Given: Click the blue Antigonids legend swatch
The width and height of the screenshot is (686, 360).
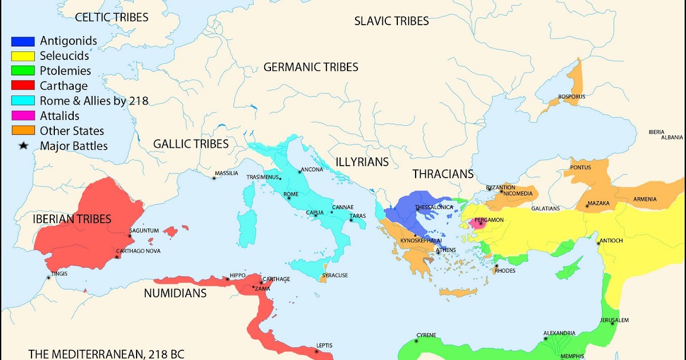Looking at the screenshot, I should (23, 41).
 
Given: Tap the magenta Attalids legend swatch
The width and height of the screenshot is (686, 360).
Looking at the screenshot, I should (23, 116).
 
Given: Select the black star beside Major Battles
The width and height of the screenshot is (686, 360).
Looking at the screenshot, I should (23, 146).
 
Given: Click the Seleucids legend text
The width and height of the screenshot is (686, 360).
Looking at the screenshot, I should (64, 56).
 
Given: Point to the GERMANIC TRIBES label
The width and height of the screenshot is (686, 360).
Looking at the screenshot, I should (310, 67).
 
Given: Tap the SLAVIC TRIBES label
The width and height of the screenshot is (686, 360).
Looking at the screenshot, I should (391, 21).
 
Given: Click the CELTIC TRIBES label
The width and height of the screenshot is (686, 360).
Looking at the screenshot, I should (111, 17).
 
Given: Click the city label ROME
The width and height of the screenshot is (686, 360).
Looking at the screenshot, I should (291, 194).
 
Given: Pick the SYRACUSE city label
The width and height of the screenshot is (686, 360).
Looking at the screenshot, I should (334, 275).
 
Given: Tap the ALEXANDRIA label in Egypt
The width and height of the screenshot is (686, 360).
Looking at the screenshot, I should (559, 333).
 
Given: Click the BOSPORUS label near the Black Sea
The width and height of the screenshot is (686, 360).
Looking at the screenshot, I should (572, 97).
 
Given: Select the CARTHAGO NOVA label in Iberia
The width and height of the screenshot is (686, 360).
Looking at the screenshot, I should (138, 251).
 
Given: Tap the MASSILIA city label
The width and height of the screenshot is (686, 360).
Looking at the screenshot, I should (226, 173).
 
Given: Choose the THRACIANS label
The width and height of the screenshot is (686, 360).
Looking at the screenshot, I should (443, 174).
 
